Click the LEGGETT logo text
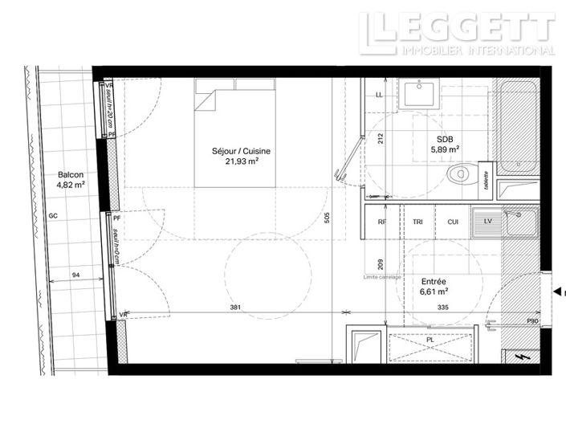pyautogui.click(x=457, y=26)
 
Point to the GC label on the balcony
pyautogui.click(x=53, y=216)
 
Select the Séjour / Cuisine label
pyautogui.click(x=241, y=150)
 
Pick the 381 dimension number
pyautogui.click(x=233, y=307)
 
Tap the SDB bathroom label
pyautogui.click(x=445, y=138)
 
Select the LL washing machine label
pyautogui.click(x=380, y=95)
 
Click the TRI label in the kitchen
pyautogui.click(x=417, y=222)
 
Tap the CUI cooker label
pyautogui.click(x=453, y=222)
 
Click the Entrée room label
pyautogui.click(x=434, y=282)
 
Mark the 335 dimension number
pyautogui.click(x=443, y=307)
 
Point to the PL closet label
pyautogui.click(x=430, y=340)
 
